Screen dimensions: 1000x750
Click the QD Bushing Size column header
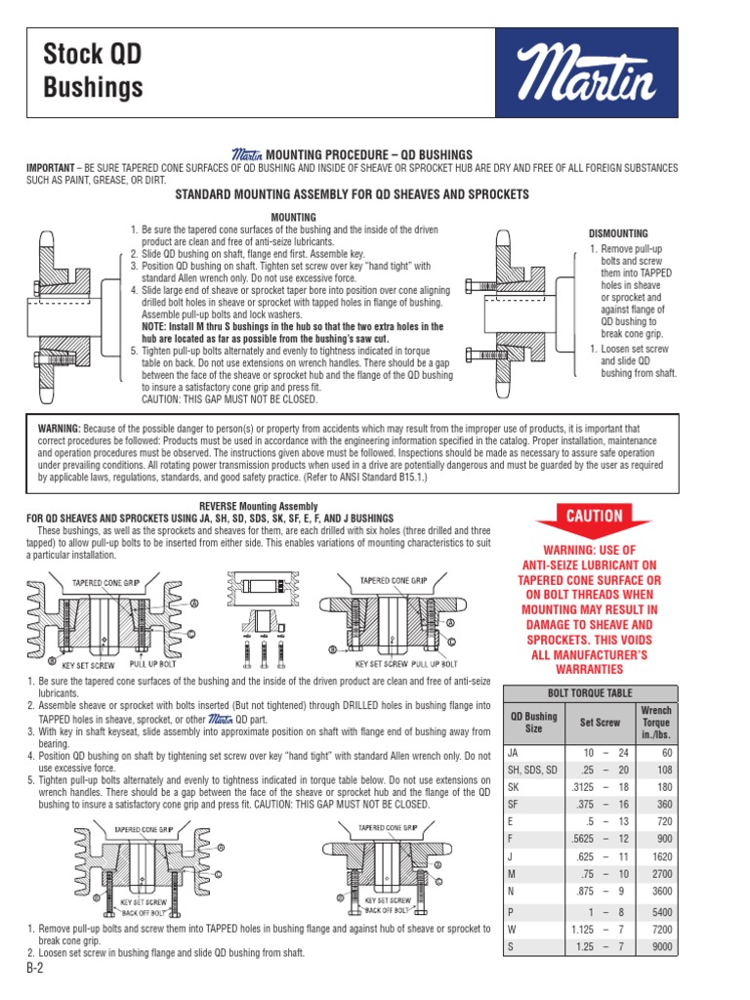coord(534,723)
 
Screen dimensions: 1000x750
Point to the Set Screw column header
coord(600,723)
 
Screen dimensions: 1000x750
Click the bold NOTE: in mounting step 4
coord(158,326)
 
